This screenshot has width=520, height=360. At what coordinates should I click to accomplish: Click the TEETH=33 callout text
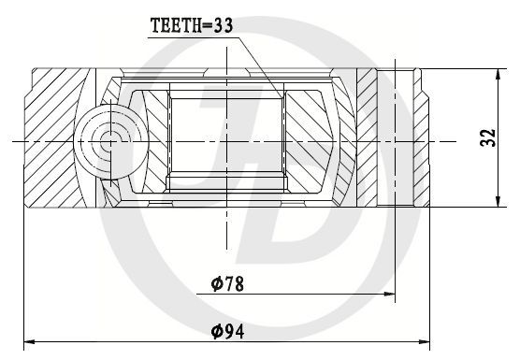(x=192, y=25)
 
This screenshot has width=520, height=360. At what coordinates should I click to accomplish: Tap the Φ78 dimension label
(x=227, y=283)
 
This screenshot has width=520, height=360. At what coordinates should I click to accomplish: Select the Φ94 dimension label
(x=228, y=332)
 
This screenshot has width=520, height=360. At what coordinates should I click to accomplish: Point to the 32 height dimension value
(x=488, y=137)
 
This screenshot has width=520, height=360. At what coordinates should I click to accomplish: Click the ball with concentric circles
(x=110, y=142)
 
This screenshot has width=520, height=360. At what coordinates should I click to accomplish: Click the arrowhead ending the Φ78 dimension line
(x=389, y=294)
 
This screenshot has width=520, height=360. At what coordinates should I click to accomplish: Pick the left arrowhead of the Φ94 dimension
(x=30, y=342)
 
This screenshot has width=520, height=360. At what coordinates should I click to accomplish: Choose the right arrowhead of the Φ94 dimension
(x=425, y=342)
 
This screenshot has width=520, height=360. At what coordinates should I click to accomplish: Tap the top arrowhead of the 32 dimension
(x=498, y=75)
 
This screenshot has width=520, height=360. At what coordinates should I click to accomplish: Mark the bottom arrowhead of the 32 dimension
(x=498, y=201)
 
